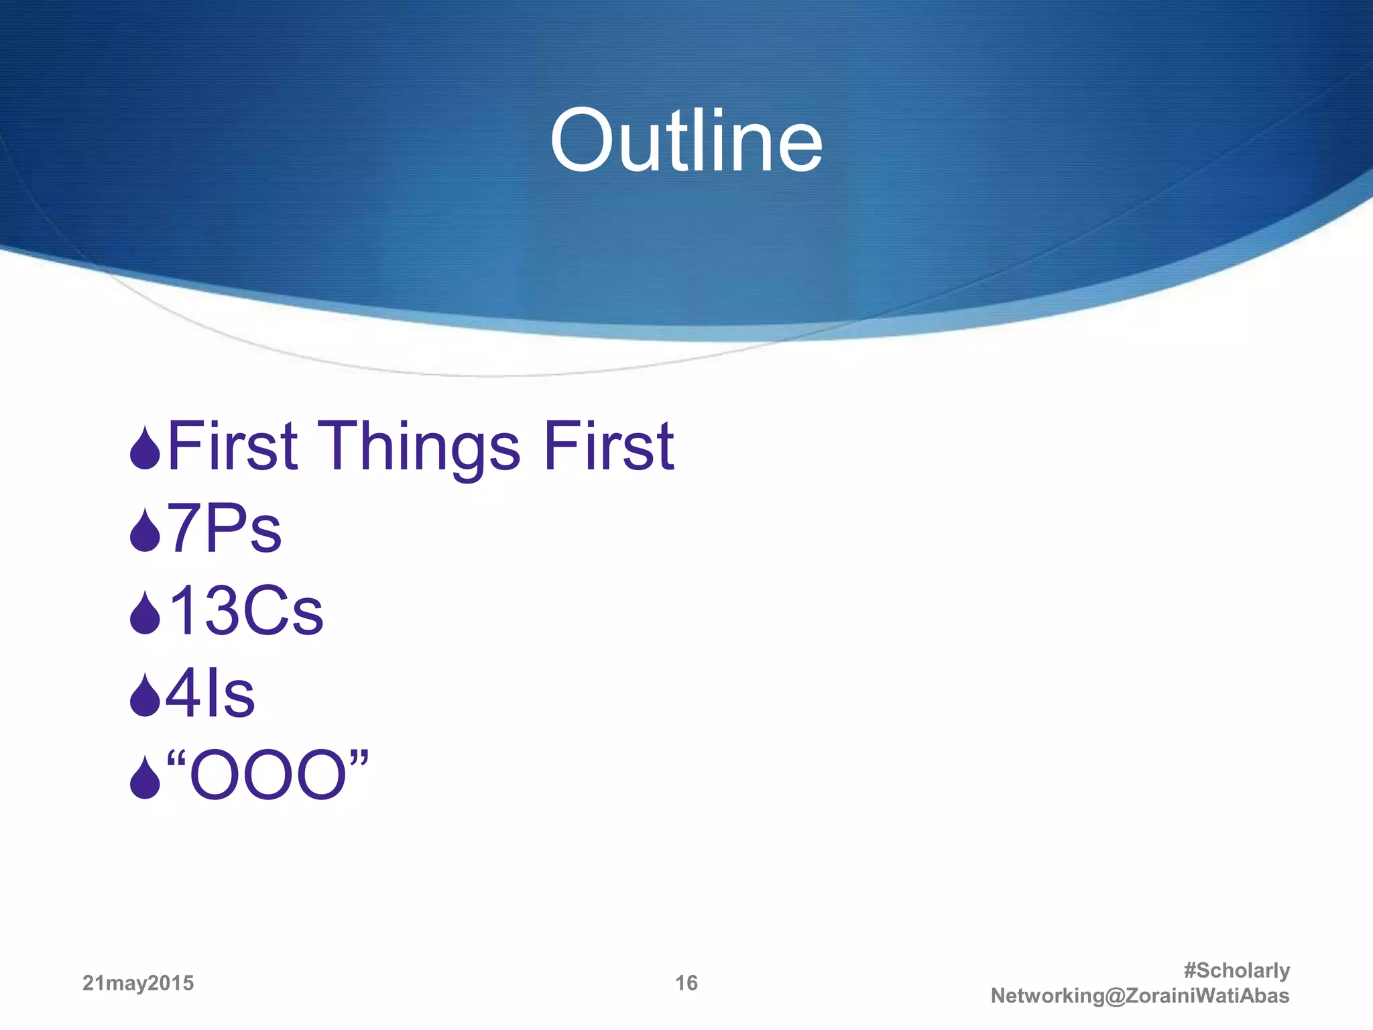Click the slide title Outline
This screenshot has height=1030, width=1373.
(x=686, y=141)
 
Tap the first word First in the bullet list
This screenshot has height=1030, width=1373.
(x=232, y=446)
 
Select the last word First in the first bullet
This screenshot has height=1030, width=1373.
(x=608, y=446)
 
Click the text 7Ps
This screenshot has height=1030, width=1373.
(x=225, y=529)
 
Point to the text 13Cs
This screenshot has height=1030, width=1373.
(x=245, y=611)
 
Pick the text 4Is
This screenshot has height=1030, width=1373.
(x=211, y=694)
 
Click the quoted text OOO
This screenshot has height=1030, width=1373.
(x=267, y=777)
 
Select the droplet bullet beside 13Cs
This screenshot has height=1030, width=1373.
(x=145, y=614)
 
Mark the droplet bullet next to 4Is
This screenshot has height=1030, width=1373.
(x=145, y=697)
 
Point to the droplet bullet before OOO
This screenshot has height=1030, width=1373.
(x=145, y=779)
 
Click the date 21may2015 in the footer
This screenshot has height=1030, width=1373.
(x=138, y=983)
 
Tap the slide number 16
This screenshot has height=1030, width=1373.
(x=686, y=983)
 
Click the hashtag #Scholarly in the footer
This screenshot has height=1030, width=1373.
(x=1236, y=970)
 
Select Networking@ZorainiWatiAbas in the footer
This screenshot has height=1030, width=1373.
(x=1140, y=996)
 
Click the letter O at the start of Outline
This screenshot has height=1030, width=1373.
(x=582, y=141)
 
